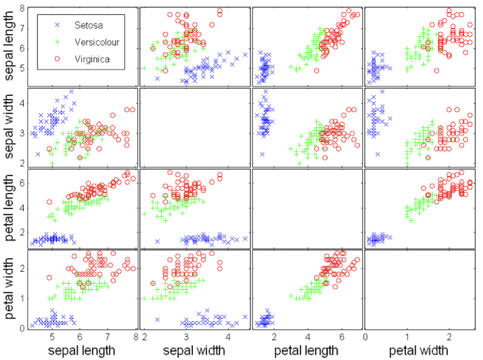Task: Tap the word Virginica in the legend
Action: click(x=92, y=59)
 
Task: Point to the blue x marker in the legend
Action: click(x=58, y=24)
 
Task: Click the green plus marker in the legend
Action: click(x=58, y=41)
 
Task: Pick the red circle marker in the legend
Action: click(x=58, y=59)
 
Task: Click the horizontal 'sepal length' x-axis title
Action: click(x=81, y=351)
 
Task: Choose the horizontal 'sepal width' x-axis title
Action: click(x=194, y=351)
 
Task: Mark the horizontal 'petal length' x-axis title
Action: click(x=307, y=351)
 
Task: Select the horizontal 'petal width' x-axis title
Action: click(x=419, y=351)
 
